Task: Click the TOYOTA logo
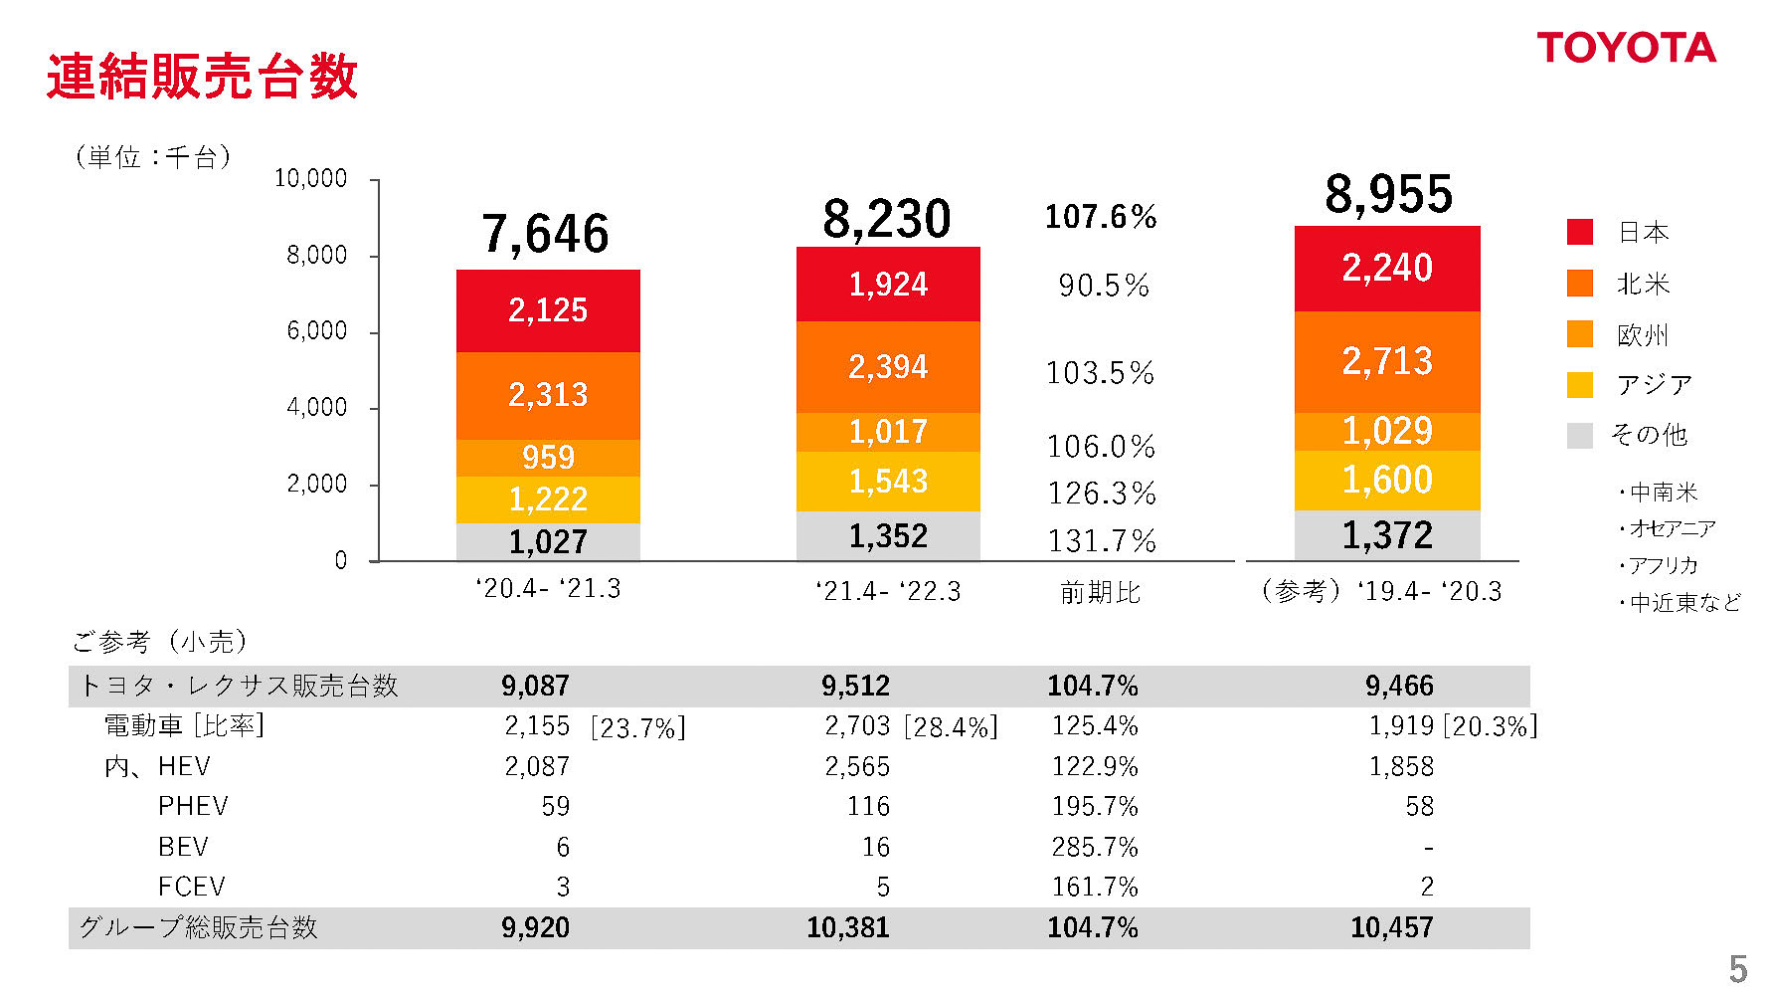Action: [1626, 48]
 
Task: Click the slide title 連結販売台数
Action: [202, 77]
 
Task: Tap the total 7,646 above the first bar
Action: [545, 235]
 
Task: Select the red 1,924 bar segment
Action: [888, 285]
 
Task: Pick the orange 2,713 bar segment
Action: [1387, 361]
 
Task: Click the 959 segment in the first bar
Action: [548, 458]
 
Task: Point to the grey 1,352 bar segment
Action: [888, 536]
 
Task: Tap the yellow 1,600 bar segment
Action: [1387, 481]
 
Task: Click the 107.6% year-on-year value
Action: [1101, 217]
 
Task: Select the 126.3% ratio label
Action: [1102, 494]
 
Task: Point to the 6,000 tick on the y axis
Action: [317, 331]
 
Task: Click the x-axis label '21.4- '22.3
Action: [888, 592]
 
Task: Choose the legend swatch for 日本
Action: [1579, 232]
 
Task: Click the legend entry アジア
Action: [1655, 385]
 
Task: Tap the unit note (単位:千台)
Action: [153, 157]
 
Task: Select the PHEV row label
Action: [193, 806]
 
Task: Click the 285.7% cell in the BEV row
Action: [1095, 847]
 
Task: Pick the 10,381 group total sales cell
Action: [847, 927]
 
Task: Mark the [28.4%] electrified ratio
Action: [951, 727]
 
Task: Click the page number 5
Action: [1737, 968]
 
